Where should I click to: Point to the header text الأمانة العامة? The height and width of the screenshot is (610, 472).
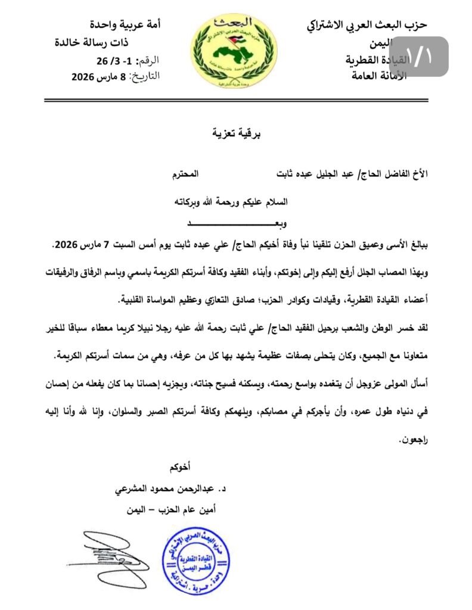point(376,76)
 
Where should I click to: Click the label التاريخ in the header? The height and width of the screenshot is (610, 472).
point(144,76)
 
